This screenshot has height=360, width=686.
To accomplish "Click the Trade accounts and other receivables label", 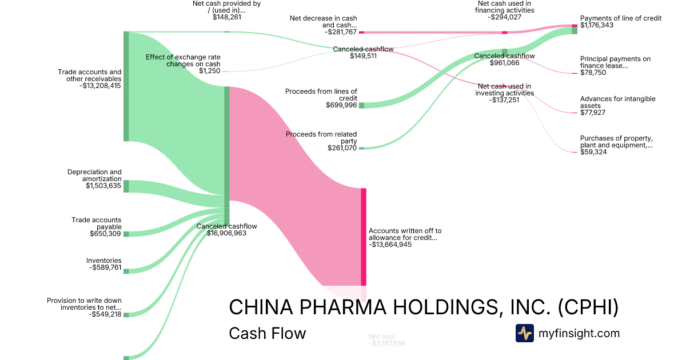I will click(89, 75).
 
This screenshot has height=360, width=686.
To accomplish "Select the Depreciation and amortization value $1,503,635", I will click(103, 186).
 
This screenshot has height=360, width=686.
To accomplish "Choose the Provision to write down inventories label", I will click(84, 304).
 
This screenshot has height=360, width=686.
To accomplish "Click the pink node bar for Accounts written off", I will click(364, 237).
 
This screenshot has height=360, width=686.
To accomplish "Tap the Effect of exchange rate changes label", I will click(183, 61).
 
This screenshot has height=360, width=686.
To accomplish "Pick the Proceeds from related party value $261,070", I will click(342, 148).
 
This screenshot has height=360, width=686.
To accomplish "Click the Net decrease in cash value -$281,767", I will click(341, 33).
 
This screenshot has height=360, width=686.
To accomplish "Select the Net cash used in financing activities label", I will click(505, 7).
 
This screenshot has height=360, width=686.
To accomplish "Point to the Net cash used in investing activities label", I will click(505, 90).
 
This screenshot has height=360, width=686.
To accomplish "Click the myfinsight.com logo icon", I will click(524, 333).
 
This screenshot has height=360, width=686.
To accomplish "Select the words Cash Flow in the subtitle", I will click(267, 333).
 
